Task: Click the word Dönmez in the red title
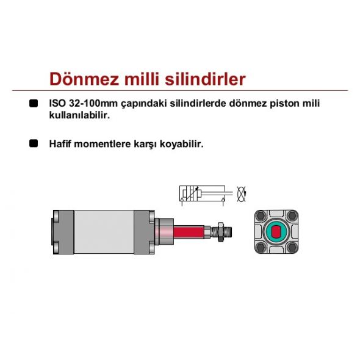(x=84, y=79)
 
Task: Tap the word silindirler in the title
(x=205, y=79)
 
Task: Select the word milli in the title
(x=142, y=79)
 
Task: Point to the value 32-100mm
(x=93, y=103)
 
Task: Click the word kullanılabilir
(x=80, y=115)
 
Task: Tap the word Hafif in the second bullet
(x=60, y=144)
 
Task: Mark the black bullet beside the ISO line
(x=34, y=103)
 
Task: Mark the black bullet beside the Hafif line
(x=34, y=143)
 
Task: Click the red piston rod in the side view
(x=189, y=232)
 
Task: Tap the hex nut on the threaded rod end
(x=220, y=232)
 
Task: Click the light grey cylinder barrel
(x=104, y=232)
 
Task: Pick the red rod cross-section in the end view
(x=276, y=232)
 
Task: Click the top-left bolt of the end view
(x=261, y=216)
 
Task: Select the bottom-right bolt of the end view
(x=292, y=248)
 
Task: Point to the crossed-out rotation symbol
(x=242, y=194)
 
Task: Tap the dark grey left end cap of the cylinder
(x=63, y=232)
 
